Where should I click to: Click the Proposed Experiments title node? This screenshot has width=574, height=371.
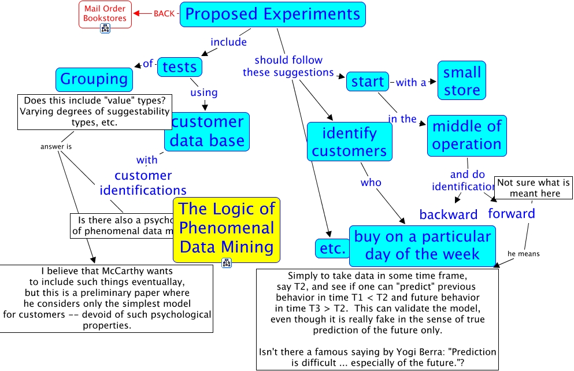(273, 14)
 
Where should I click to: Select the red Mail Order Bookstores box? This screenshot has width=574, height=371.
(105, 14)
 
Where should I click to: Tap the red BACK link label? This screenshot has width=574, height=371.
(164, 13)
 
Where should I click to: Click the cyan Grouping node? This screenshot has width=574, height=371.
(94, 79)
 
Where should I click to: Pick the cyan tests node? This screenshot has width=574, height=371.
(179, 67)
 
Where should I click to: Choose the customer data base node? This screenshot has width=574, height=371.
(207, 131)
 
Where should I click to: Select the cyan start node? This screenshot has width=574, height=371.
(368, 81)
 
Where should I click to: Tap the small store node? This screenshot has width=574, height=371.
(461, 81)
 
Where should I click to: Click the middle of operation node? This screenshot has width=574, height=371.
(466, 135)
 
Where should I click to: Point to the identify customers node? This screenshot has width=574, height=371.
(349, 142)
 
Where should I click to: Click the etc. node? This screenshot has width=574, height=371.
(332, 248)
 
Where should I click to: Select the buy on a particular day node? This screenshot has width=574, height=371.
(422, 245)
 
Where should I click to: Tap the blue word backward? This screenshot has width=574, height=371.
(449, 215)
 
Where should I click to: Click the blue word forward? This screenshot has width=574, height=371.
(512, 214)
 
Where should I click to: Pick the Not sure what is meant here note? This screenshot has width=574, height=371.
(534, 188)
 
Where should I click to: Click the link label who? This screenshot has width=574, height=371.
(371, 183)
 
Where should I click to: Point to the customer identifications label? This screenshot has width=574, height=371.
(143, 183)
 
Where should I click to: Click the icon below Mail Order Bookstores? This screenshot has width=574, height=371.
(105, 28)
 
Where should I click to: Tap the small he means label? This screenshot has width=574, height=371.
(523, 253)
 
